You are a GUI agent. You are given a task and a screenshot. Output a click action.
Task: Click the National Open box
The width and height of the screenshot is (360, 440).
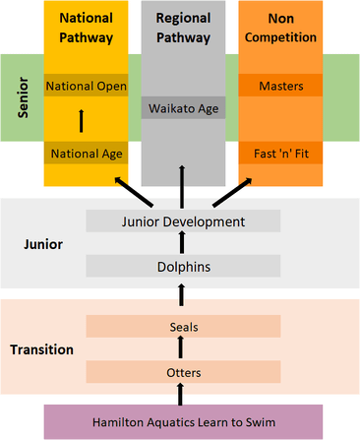86,86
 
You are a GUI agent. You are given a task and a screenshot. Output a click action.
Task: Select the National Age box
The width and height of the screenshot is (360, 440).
86,153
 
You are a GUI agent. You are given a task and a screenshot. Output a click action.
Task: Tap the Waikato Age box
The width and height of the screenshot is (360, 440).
183,107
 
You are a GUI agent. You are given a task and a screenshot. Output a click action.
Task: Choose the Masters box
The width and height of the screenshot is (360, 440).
280,86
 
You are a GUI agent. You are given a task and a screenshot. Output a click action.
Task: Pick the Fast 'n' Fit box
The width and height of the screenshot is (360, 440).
280,153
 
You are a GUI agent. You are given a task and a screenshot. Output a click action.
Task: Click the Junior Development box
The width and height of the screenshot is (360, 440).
183,221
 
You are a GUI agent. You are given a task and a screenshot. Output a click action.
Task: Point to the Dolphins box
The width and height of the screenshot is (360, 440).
183,265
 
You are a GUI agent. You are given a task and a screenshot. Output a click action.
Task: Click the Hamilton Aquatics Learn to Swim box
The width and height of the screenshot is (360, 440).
183,421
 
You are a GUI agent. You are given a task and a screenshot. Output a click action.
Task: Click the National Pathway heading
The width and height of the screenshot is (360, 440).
86,29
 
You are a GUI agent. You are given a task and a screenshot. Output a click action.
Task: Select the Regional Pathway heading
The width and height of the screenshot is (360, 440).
183,29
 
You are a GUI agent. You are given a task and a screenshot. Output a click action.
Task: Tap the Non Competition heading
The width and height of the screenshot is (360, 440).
280,29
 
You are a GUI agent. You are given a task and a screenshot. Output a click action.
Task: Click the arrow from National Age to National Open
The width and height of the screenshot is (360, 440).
82,120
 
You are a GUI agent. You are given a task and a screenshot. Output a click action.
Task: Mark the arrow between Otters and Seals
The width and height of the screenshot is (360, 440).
181,348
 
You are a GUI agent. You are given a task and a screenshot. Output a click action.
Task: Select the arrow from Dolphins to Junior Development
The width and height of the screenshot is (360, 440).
181,243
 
